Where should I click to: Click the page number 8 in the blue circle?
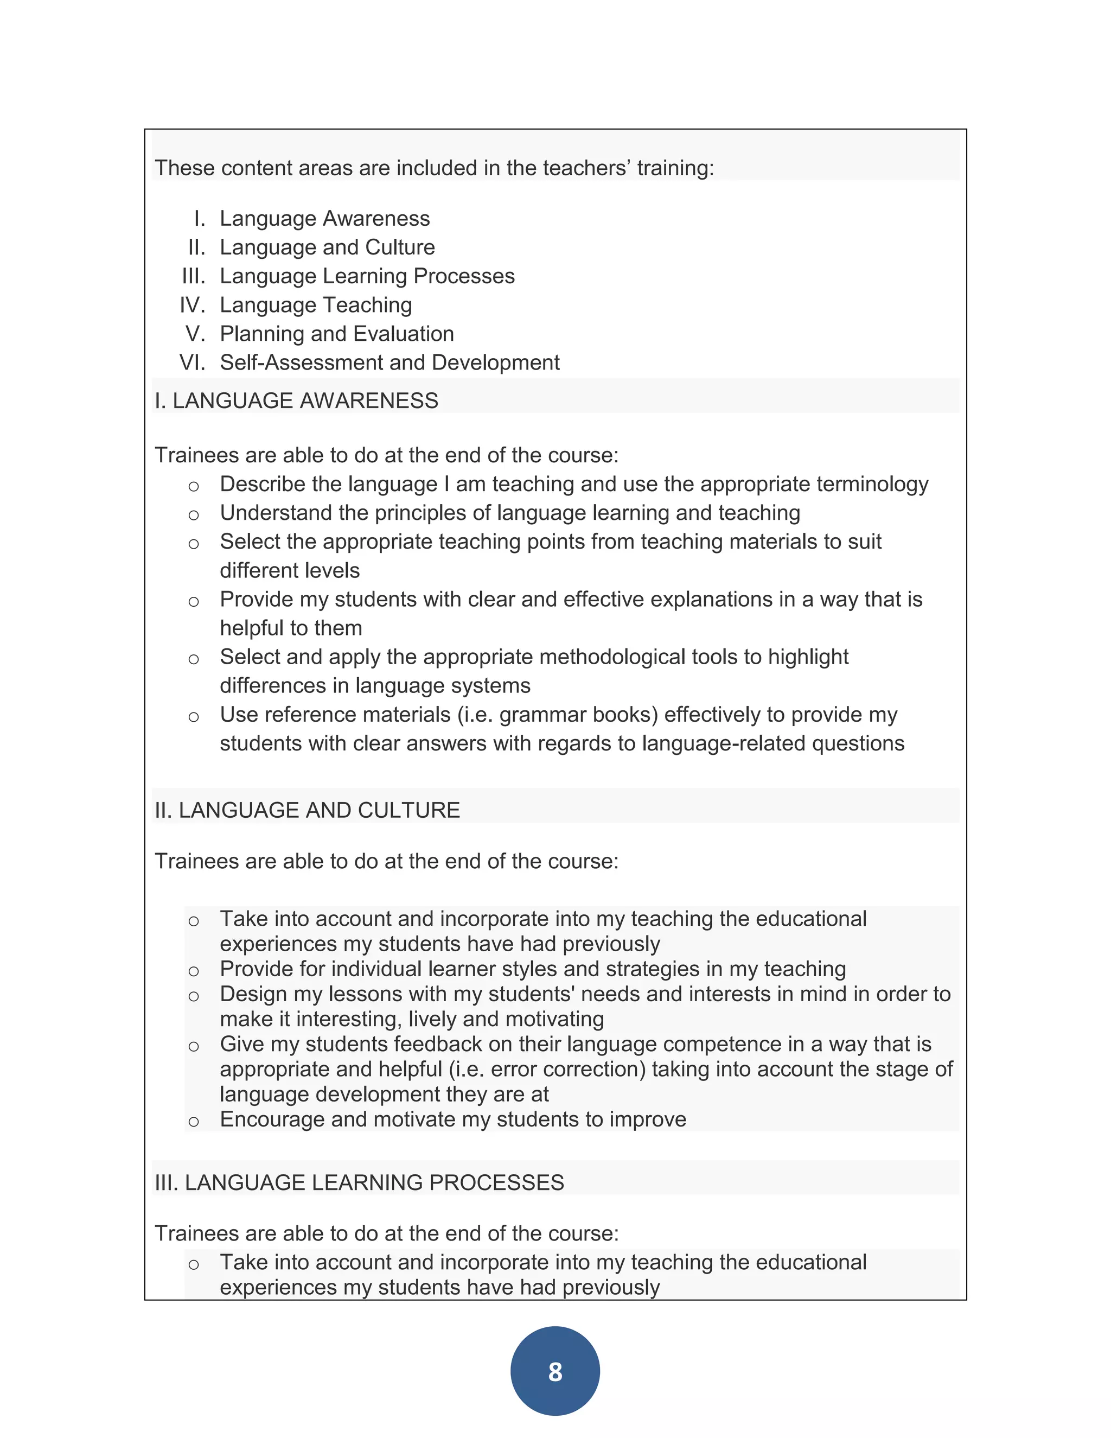(555, 1371)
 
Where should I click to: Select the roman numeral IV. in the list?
(192, 305)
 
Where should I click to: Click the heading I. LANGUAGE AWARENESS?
(296, 400)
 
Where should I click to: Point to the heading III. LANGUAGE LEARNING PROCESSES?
(359, 1182)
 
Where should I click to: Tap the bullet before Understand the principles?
(194, 515)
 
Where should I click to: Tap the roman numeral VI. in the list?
(192, 363)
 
